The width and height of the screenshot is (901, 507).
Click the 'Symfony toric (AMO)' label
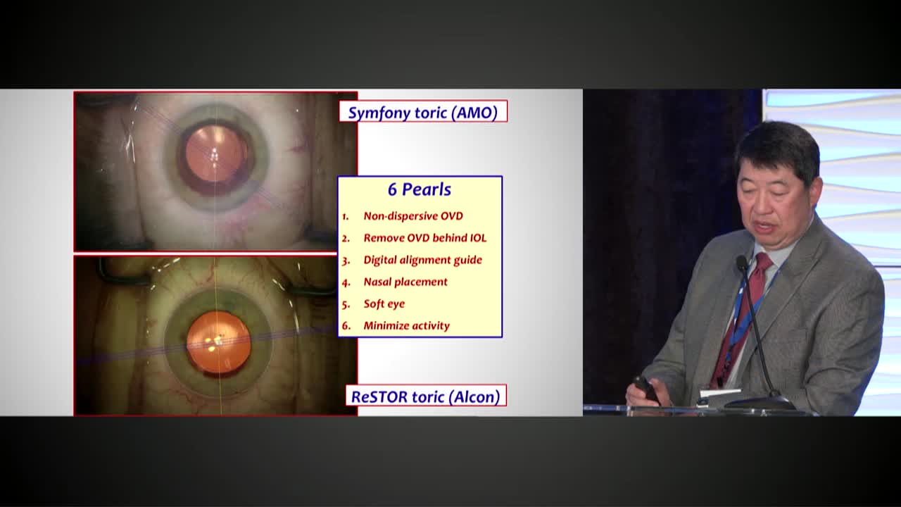[422, 112]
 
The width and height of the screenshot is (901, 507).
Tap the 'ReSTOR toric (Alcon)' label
[425, 396]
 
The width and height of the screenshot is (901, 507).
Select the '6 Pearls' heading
[420, 189]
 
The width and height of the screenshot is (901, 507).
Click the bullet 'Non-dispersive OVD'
[413, 216]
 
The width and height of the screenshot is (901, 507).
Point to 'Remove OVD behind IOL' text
[424, 238]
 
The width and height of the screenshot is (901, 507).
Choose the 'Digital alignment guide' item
[422, 260]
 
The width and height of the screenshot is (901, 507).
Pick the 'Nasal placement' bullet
[405, 282]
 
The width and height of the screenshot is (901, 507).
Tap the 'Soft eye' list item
[384, 303]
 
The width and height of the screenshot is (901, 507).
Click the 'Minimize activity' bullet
[406, 325]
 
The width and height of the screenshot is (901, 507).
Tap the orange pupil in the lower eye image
[218, 342]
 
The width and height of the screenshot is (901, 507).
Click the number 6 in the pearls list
[346, 326]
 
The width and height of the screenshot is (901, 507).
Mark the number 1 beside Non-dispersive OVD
[346, 217]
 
